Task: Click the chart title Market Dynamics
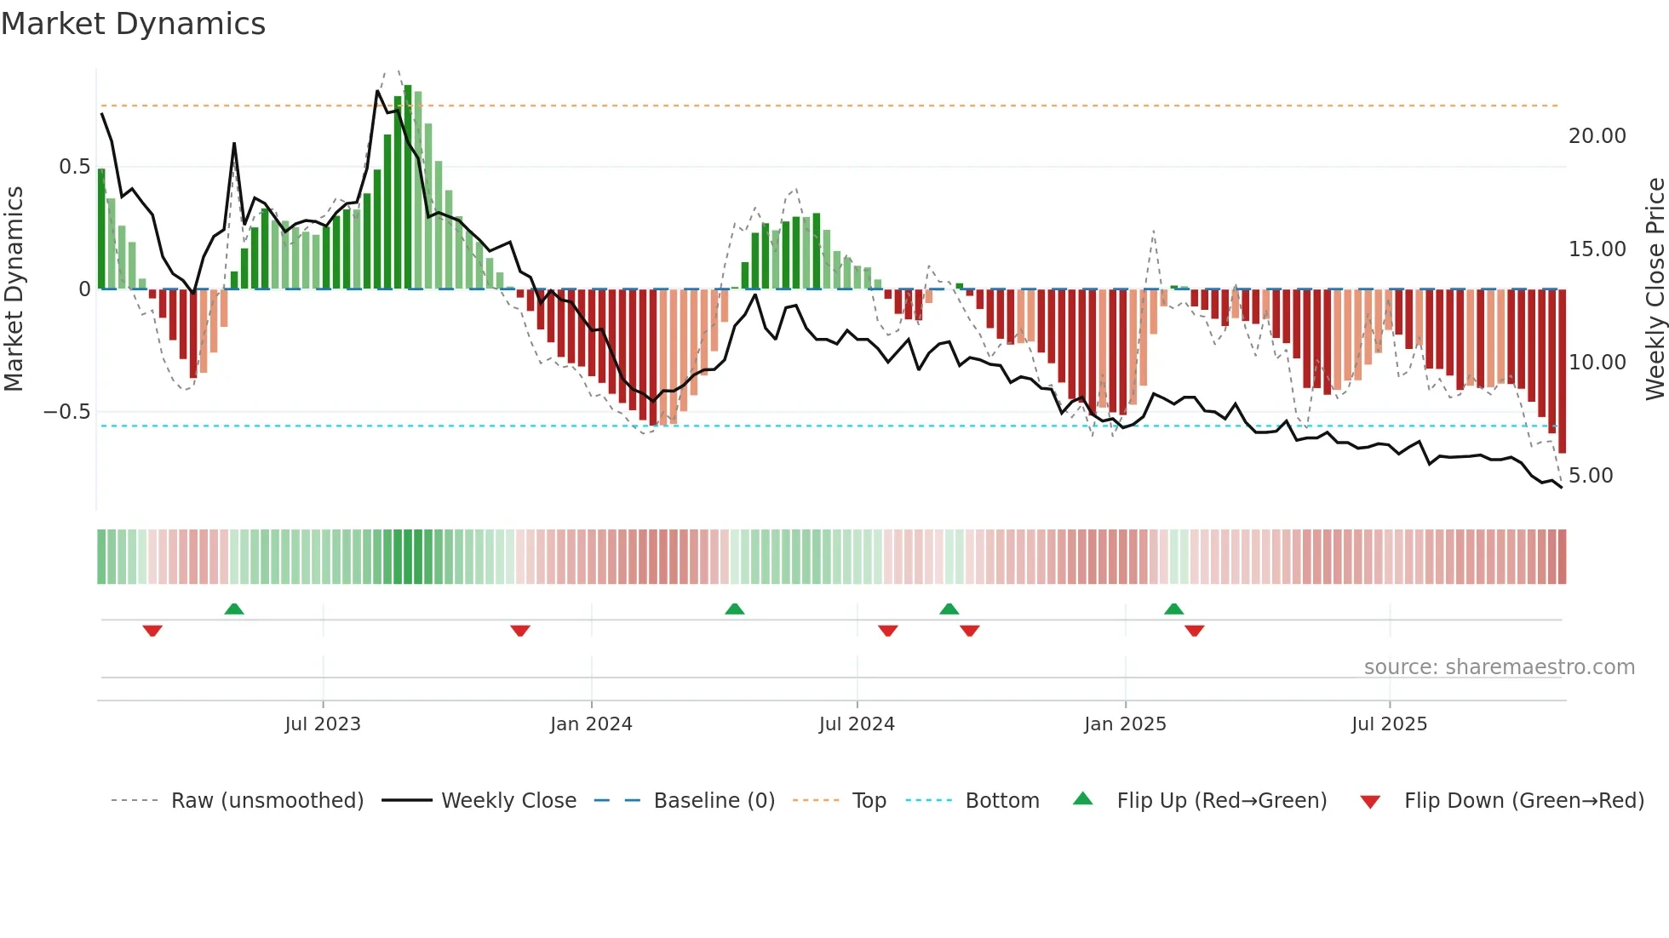134,24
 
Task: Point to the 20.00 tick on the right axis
1597,136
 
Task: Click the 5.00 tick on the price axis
1590,476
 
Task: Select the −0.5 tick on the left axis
67,412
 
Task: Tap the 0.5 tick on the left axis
74,167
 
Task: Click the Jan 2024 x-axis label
591,724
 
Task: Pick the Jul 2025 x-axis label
1389,724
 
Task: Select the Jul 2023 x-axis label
323,724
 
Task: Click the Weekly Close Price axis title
1655,289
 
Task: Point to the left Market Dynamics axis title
14,289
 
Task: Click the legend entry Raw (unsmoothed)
267,801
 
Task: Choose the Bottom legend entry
1001,801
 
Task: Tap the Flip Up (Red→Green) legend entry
1221,801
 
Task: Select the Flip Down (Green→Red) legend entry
1523,801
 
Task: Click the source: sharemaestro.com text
1499,667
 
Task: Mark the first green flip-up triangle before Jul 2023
234,609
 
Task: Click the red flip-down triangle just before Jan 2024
520,631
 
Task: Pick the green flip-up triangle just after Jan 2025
1173,609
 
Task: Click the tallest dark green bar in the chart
408,187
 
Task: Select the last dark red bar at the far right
1562,370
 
